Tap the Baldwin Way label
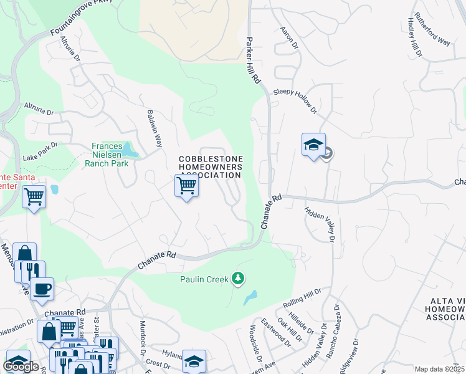coord(155,128)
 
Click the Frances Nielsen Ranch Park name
coord(106,154)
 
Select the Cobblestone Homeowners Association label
coord(211,167)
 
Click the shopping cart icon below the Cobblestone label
coord(186,186)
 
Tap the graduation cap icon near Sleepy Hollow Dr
coord(313,145)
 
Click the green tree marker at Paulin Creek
coord(237,278)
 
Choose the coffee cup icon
coord(42,289)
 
